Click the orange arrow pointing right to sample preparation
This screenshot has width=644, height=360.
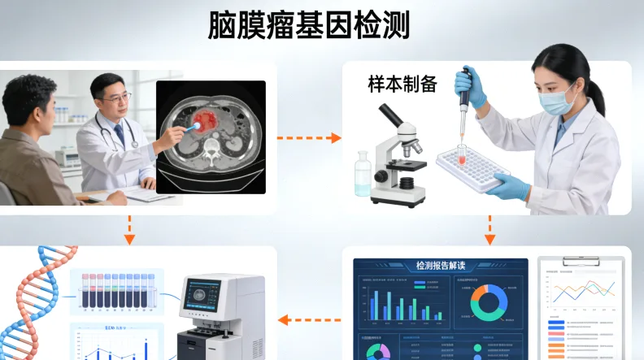click(310, 138)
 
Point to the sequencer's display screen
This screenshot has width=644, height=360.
click(202, 296)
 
